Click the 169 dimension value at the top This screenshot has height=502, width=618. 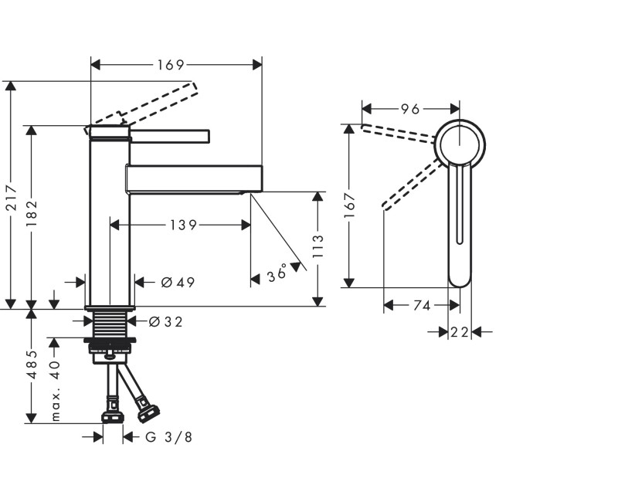[x=171, y=65]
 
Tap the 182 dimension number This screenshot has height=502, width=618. [x=31, y=215]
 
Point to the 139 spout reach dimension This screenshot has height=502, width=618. [x=184, y=225]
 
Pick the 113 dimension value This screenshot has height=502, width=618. [x=317, y=247]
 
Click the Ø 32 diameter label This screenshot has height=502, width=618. [x=166, y=321]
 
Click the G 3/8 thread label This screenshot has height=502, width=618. [x=169, y=437]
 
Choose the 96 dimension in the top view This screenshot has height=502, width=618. [x=409, y=109]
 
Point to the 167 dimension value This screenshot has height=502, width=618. [x=349, y=207]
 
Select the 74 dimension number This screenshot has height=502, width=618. [x=421, y=306]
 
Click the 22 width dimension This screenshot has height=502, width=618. [x=460, y=332]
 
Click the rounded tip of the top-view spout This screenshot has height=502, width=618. [x=460, y=279]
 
